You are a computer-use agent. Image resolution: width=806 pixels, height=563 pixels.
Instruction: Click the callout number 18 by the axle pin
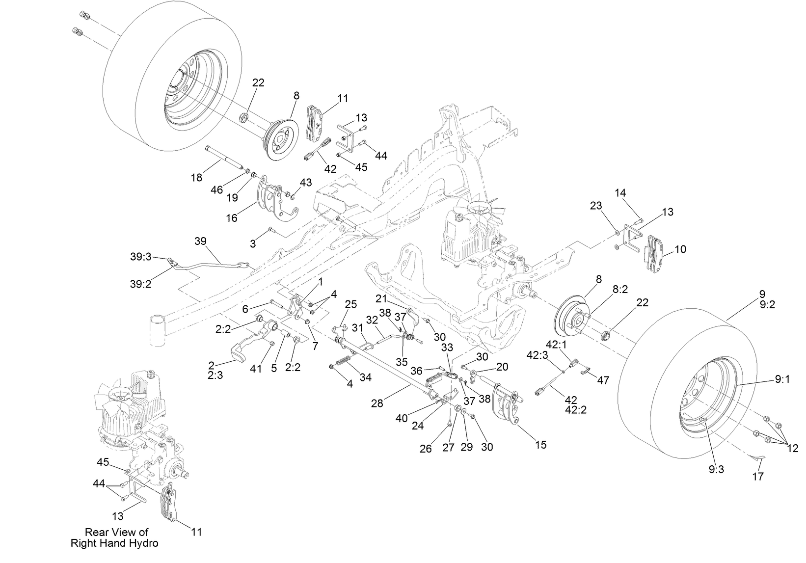coord(197,178)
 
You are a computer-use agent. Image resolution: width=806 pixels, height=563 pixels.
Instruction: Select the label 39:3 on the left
coord(141,256)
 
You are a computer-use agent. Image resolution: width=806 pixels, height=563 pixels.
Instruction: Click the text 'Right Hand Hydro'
coord(114,543)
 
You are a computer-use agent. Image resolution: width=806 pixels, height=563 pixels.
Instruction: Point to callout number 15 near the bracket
coord(540,445)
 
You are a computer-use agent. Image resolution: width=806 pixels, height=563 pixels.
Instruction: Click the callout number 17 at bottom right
coord(758,476)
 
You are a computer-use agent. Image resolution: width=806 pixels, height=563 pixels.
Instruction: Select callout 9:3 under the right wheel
coord(716,469)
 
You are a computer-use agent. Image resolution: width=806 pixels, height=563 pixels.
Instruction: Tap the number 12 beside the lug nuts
coord(792,448)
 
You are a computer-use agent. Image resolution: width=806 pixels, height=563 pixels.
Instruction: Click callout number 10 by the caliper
coord(680,249)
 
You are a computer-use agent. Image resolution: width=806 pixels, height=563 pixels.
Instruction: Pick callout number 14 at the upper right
coord(620,193)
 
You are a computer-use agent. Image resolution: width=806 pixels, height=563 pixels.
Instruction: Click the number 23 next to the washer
coord(596,206)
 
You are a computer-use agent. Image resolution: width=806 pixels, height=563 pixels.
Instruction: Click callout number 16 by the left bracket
coord(231,217)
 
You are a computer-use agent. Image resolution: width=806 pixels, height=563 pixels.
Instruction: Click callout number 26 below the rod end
coord(426,449)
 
